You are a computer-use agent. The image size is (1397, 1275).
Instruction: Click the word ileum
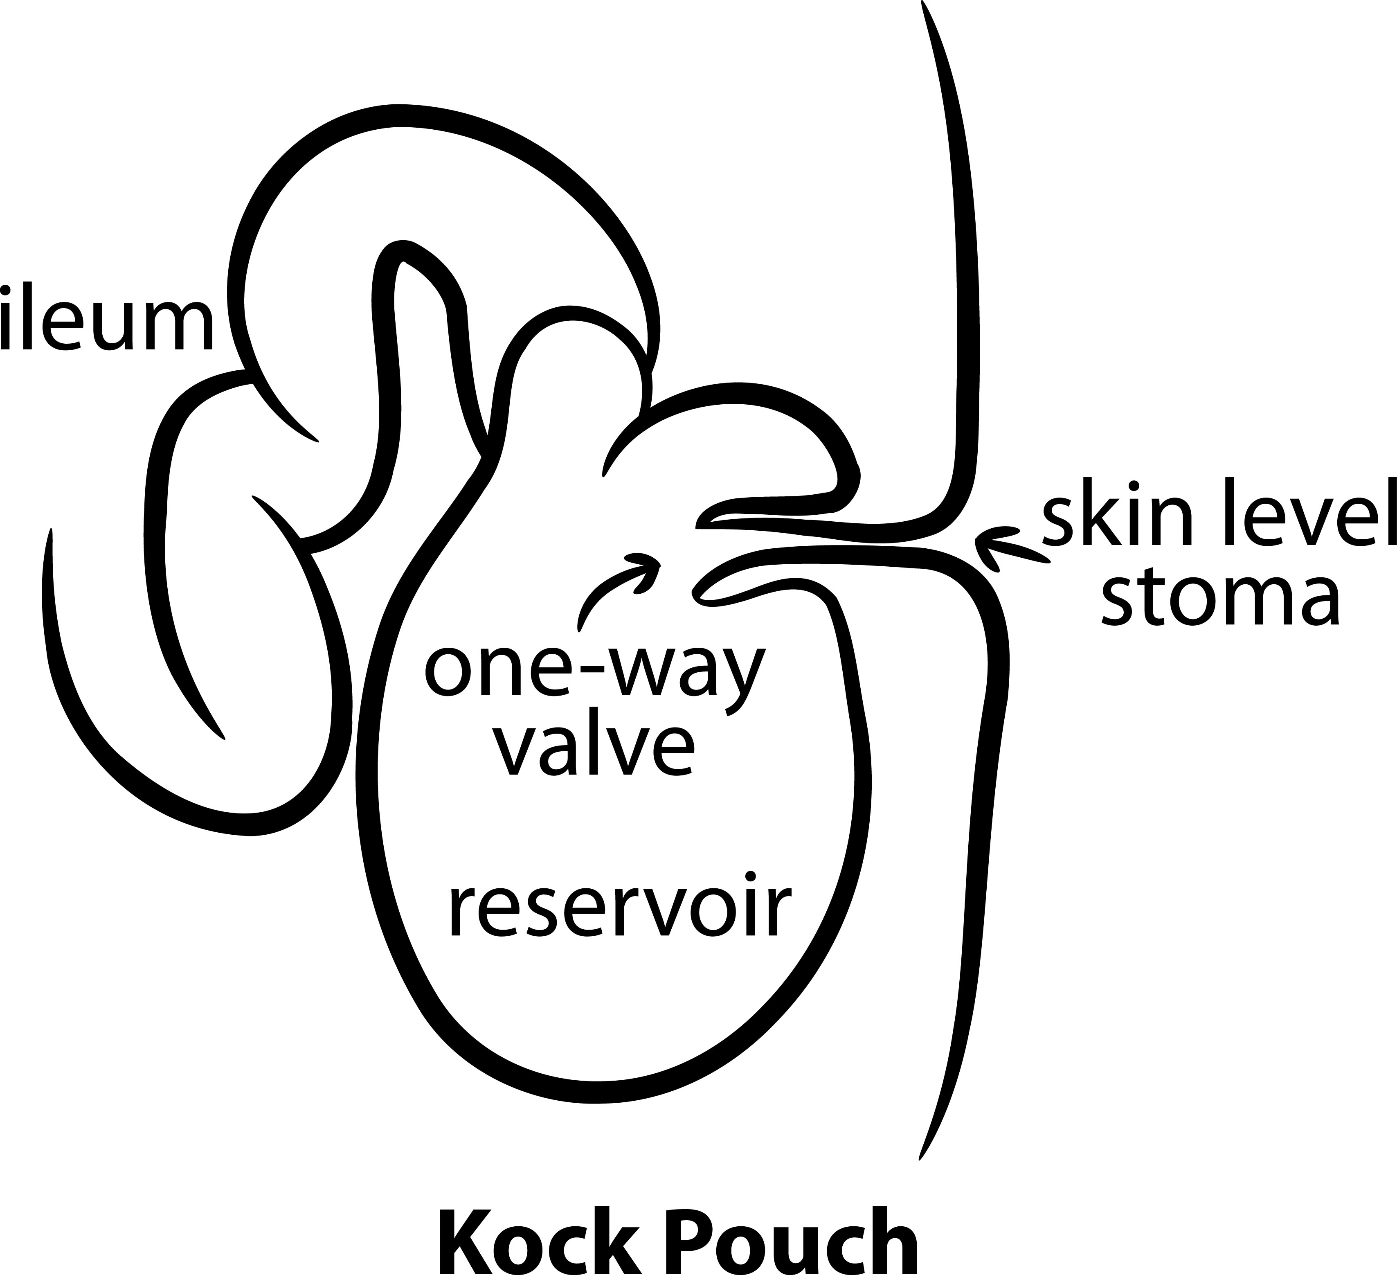[x=108, y=318]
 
